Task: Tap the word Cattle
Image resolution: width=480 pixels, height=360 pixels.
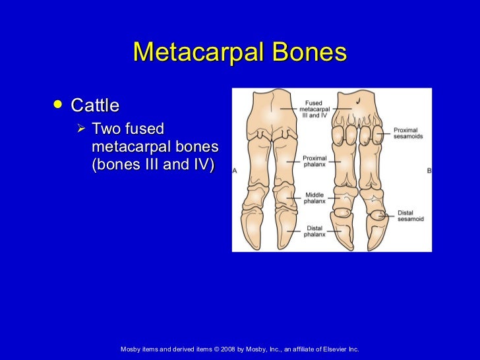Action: [x=95, y=105]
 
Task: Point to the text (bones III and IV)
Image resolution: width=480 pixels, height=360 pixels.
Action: [x=153, y=165]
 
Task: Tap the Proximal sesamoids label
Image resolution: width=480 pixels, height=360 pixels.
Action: [x=408, y=133]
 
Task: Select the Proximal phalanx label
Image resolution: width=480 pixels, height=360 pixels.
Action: [x=315, y=161]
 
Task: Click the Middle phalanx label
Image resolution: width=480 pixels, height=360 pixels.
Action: [x=315, y=198]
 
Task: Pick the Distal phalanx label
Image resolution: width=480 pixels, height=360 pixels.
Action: [x=314, y=231]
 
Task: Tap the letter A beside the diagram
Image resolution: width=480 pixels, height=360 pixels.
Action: [x=235, y=171]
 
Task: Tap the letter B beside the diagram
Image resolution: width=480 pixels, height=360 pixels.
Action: [x=429, y=171]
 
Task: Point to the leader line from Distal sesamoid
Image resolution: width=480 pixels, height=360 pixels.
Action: [x=390, y=214]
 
